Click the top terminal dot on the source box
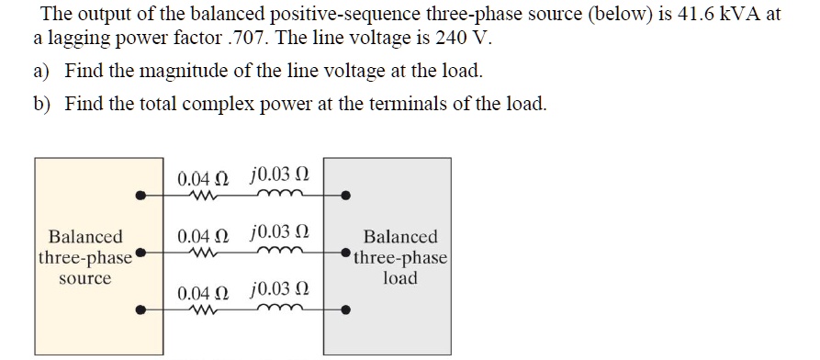coord(140,195)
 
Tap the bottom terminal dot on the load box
coord(345,310)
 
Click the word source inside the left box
coord(84,277)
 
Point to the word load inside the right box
coord(400,277)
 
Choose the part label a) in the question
coord(41,71)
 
